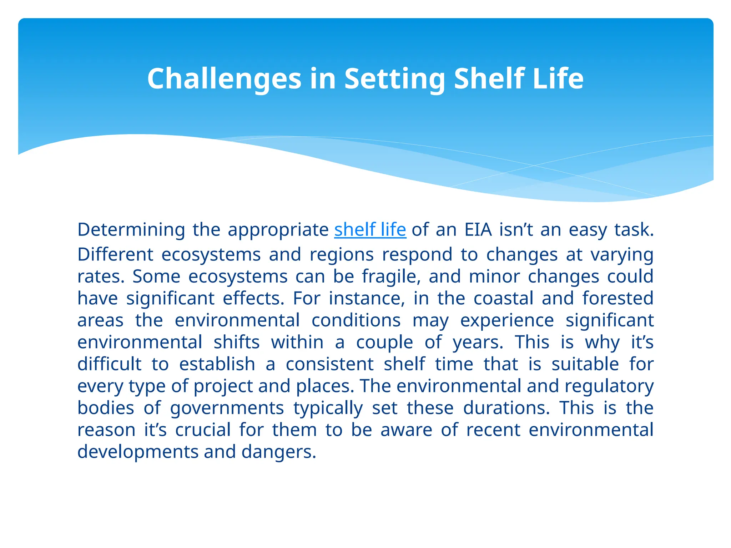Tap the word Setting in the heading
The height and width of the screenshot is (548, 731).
coord(395,79)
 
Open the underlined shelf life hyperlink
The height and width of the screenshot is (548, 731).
coord(370,229)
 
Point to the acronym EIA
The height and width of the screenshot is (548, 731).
coord(478,230)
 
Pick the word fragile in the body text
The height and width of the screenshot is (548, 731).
coord(391,276)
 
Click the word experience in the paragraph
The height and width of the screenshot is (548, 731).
coord(507,320)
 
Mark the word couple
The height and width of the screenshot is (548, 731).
coord(384,342)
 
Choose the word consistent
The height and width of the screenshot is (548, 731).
coord(329,364)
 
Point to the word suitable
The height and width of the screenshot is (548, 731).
coord(585,364)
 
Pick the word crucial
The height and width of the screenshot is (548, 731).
coord(203,430)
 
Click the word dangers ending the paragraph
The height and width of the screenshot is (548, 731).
coord(279,452)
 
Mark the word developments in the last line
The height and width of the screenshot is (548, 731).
coord(137,452)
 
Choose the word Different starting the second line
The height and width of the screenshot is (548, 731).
coord(115,255)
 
